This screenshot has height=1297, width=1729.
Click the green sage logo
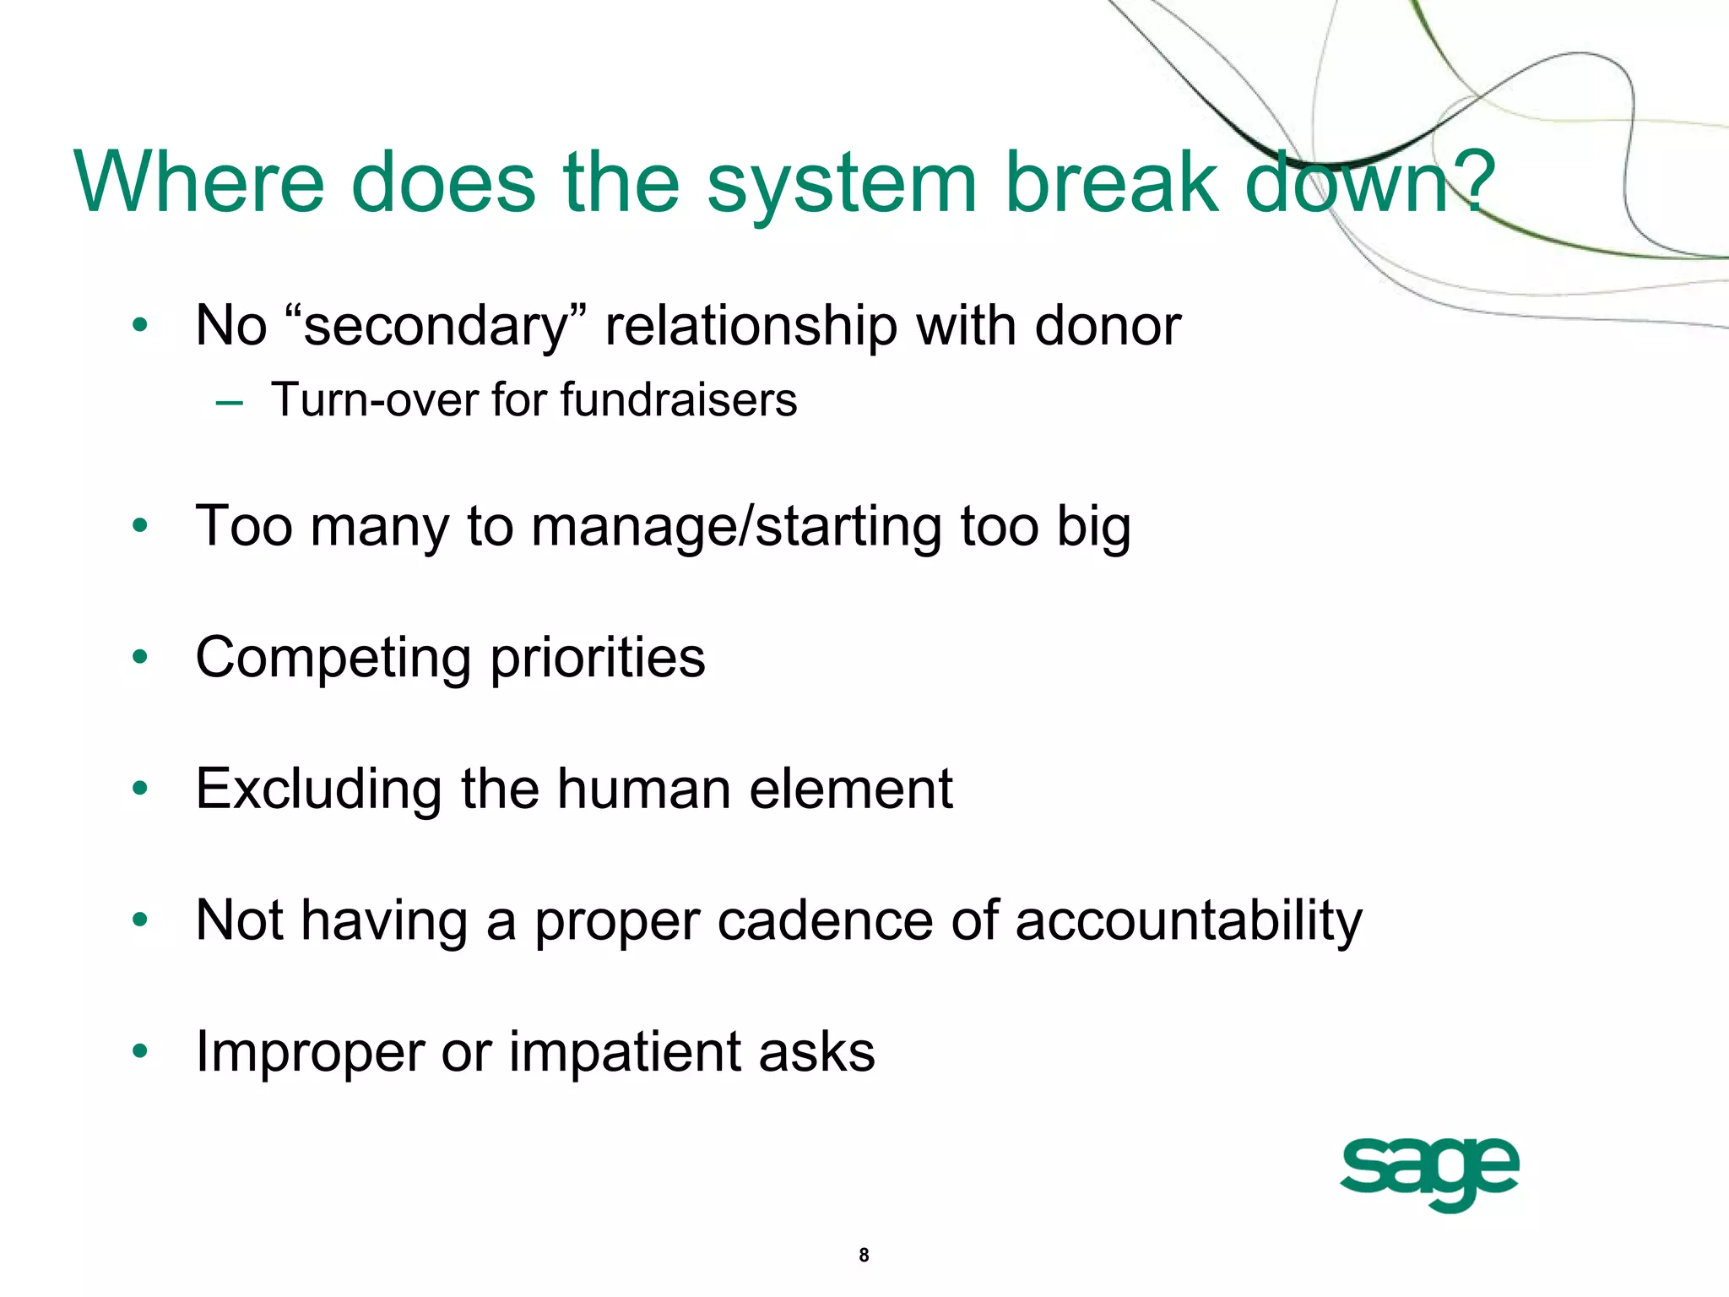[x=1429, y=1173]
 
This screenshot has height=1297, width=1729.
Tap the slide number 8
[x=864, y=1255]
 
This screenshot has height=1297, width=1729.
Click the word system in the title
[x=841, y=182]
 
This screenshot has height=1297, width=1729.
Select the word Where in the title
[x=199, y=182]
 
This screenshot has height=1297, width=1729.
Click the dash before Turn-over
[x=229, y=403]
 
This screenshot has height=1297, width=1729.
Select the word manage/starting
[x=735, y=528]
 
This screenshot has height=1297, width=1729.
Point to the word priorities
[x=598, y=659]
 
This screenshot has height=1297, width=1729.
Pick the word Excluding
[x=318, y=790]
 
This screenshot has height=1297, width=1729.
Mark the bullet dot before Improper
[x=140, y=1051]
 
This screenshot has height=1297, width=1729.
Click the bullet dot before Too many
[x=140, y=526]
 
